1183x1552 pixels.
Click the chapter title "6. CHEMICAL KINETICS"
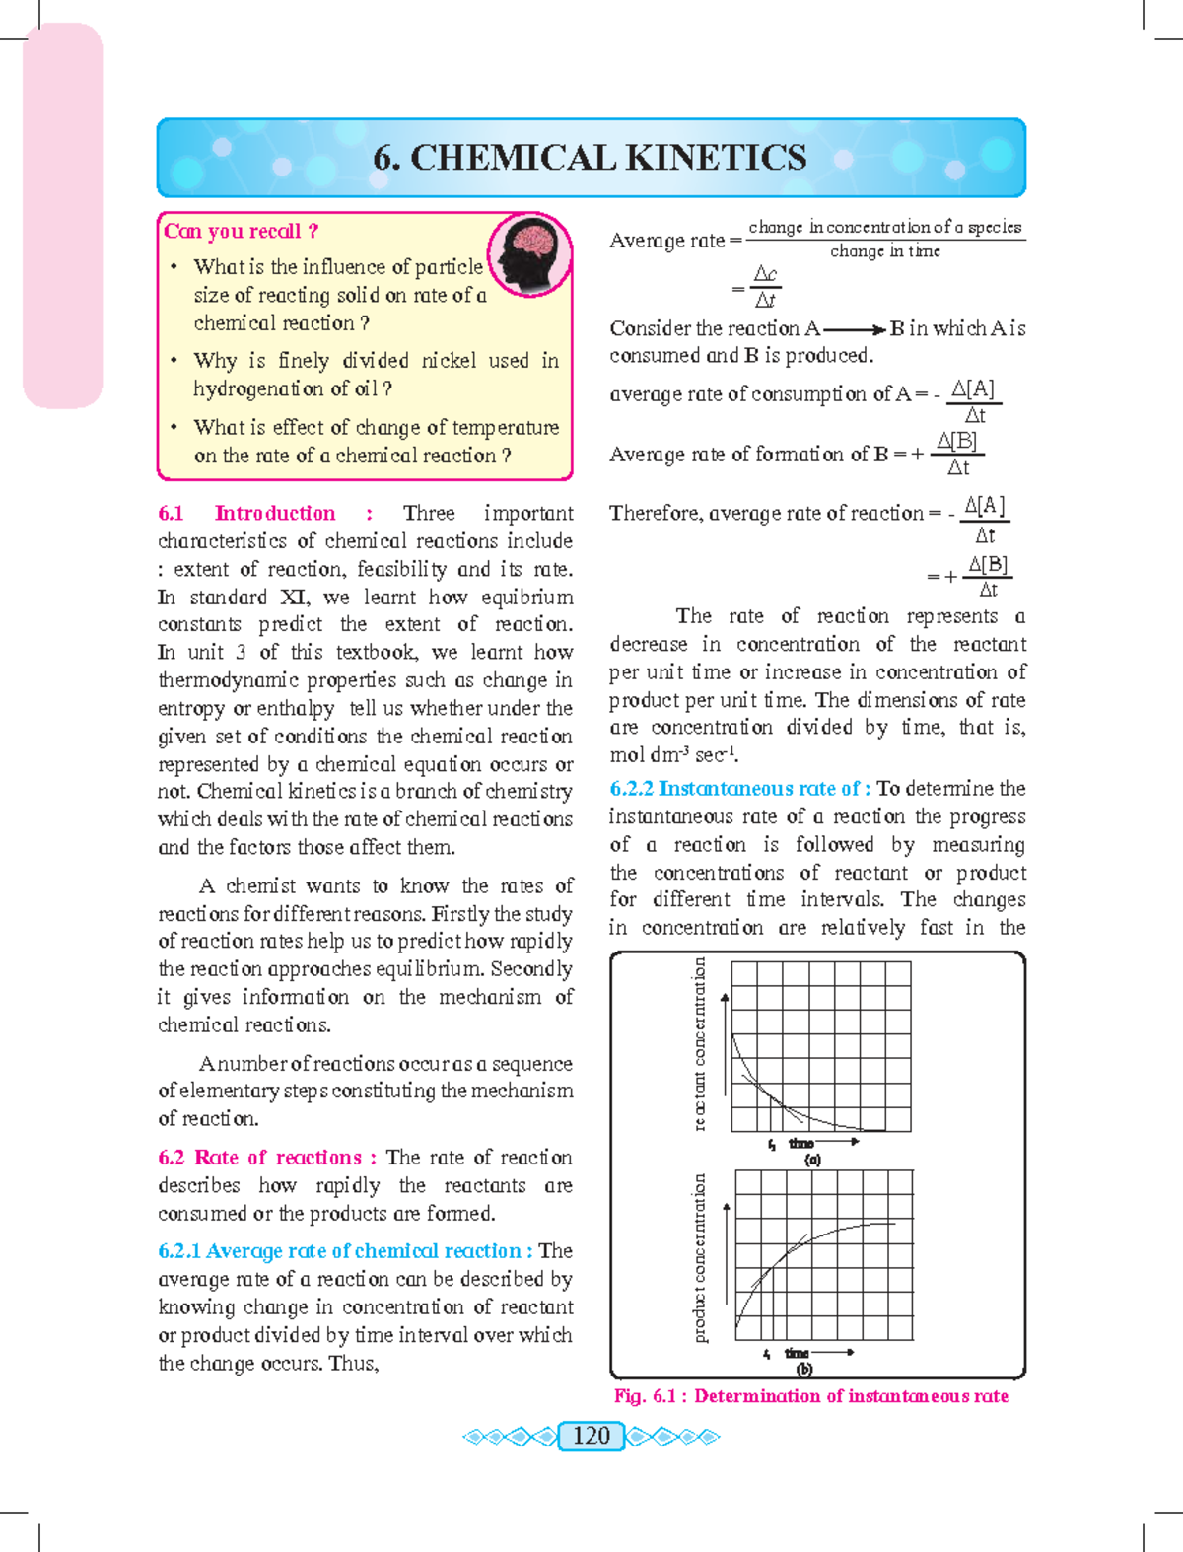coord(590,158)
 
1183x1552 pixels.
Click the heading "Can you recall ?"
coord(241,231)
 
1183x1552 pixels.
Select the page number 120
coord(591,1435)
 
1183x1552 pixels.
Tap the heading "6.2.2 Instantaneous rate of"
coord(739,789)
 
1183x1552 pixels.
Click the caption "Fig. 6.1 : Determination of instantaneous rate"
coord(810,1396)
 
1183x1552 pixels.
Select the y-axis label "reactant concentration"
coord(699,1043)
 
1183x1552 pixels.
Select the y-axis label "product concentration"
coord(699,1257)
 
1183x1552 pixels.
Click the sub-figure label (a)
coord(812,1160)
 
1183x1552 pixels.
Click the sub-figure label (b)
coord(804,1370)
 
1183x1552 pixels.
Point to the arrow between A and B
coord(854,330)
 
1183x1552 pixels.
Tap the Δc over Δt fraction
coord(765,287)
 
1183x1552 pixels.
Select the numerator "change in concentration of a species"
coord(884,227)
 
